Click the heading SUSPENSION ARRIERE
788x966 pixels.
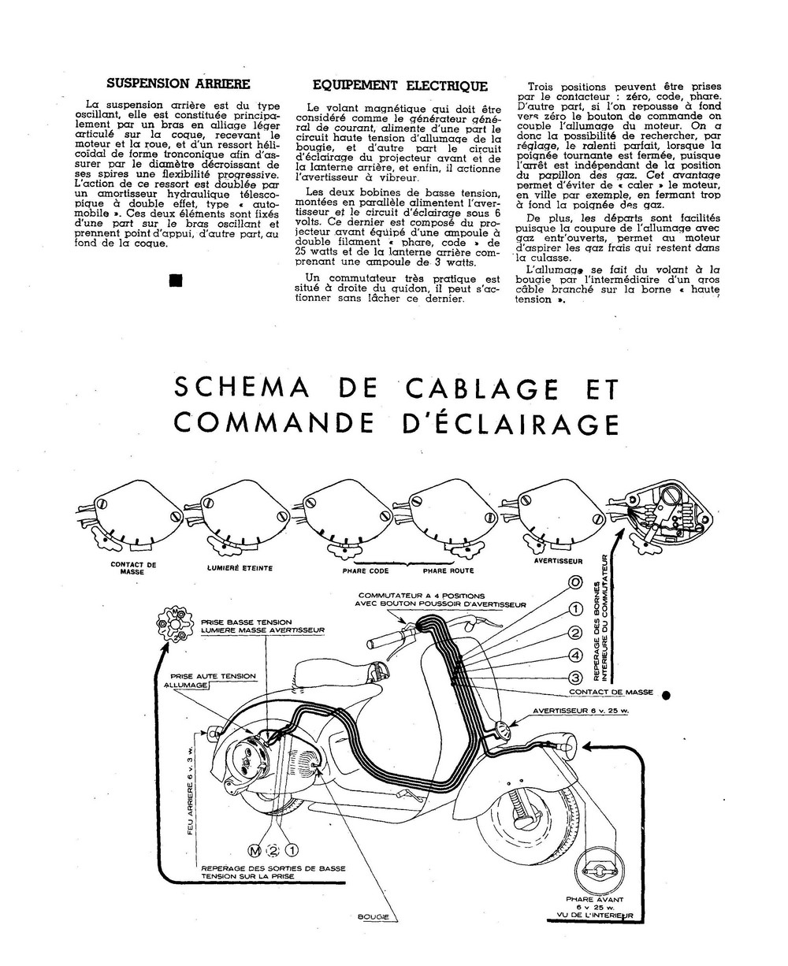[178, 83]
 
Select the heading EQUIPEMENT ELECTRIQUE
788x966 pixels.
[400, 86]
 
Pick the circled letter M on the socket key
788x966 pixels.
[255, 850]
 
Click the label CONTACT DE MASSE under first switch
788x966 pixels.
[133, 568]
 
